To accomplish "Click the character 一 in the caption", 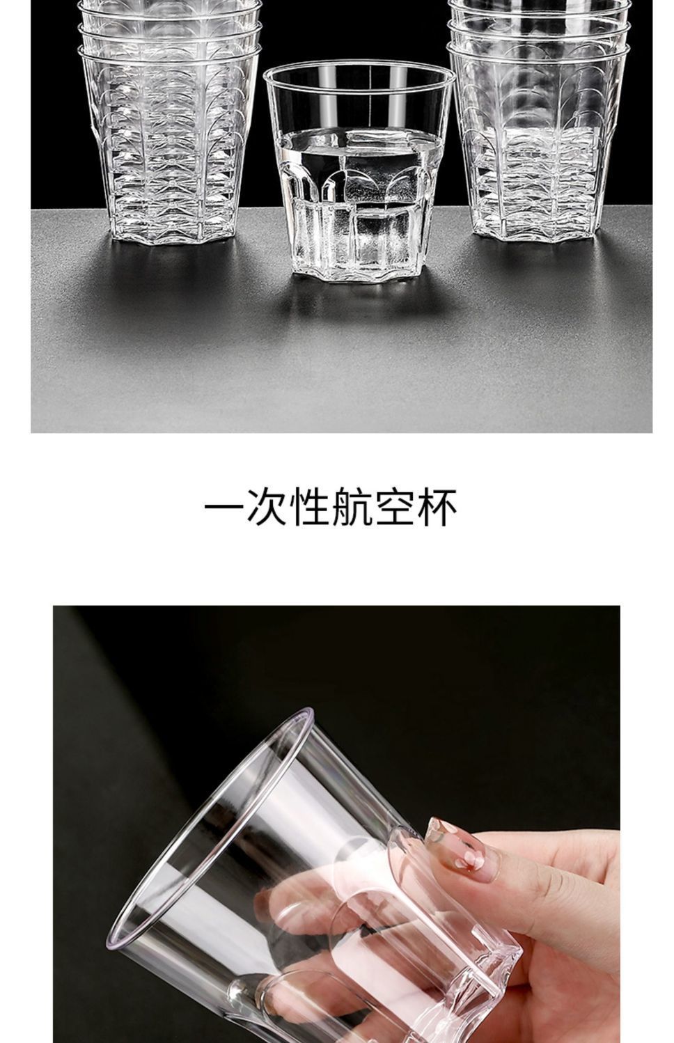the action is tap(224, 506).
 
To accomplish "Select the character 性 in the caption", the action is tap(309, 507).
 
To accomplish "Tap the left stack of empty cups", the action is tap(169, 122).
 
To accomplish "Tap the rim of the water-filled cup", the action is tap(359, 77).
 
